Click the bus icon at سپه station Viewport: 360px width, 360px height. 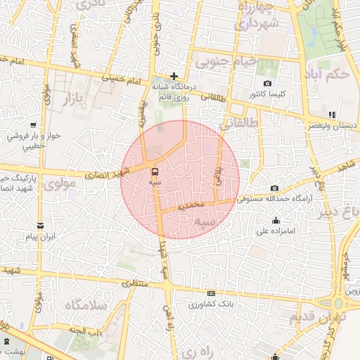155,171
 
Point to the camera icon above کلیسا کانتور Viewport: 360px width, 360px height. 267,84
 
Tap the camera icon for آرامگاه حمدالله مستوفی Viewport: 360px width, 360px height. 274,188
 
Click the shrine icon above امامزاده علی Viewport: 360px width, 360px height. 276,219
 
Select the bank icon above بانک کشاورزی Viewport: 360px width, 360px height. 211,294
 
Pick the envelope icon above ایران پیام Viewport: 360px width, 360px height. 40,226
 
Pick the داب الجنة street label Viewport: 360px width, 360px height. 86,330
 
